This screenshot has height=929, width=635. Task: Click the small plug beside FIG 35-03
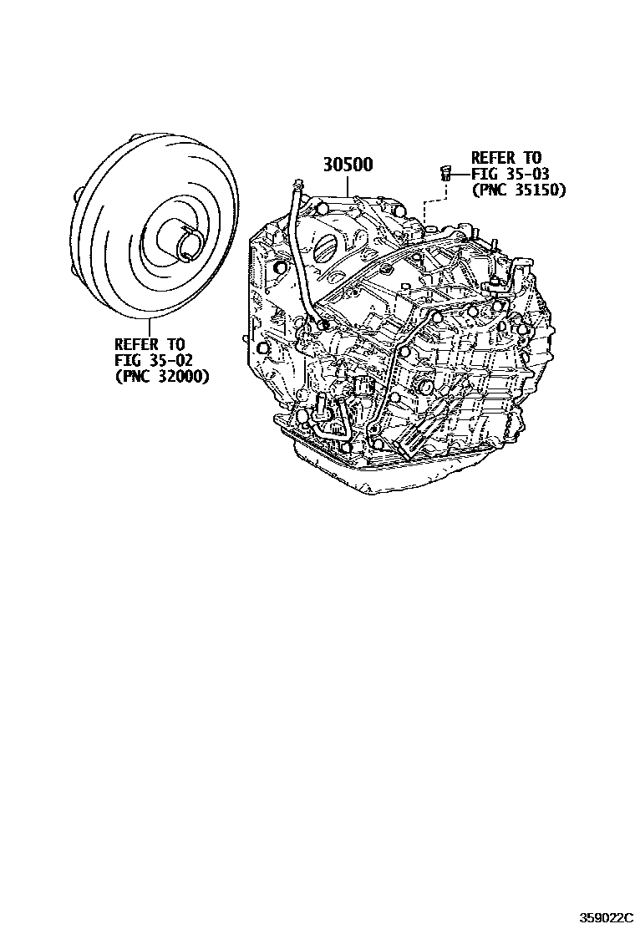[x=445, y=173]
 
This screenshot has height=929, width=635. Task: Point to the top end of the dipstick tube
[x=297, y=184]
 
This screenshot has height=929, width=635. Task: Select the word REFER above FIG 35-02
[x=136, y=344]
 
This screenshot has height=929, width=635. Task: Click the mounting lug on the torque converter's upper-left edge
[x=78, y=198]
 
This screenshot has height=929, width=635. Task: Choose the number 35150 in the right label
[x=540, y=190]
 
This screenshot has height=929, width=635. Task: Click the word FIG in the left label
[x=126, y=360]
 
